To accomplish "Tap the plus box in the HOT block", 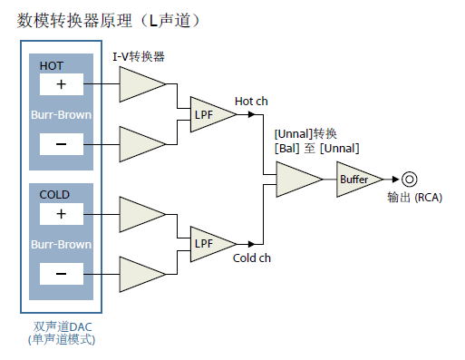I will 62,84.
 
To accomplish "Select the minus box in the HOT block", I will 62,143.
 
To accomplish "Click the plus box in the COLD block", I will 62,214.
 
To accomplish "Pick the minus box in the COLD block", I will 62,273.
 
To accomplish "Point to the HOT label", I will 53,65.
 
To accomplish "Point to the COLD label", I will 54,195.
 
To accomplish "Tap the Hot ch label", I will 251,101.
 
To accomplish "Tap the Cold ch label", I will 252,258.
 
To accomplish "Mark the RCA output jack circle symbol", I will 409,180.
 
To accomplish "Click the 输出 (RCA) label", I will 413,199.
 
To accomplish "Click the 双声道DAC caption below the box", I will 62,326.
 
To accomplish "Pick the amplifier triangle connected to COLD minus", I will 140,273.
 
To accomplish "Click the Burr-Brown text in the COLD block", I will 62,244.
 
